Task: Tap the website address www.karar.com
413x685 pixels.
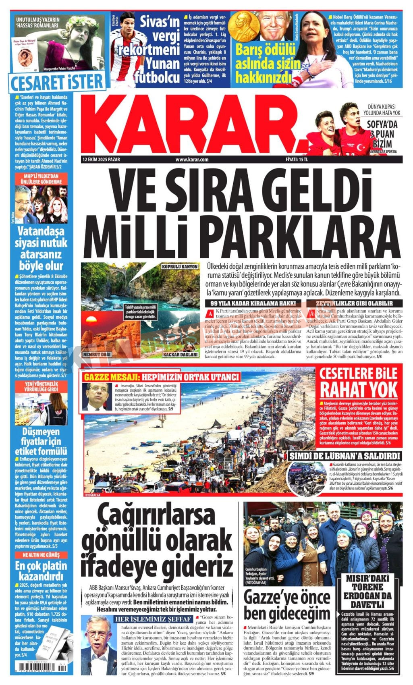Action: tap(192, 160)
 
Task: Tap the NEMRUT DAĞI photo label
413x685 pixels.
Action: tap(96, 354)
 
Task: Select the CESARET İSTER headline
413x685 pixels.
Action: tap(57, 82)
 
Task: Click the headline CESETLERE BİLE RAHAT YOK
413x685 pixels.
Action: tap(358, 383)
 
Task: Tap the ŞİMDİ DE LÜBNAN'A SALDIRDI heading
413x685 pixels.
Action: tap(345, 456)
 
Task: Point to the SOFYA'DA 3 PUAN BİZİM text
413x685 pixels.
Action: tap(382, 134)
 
